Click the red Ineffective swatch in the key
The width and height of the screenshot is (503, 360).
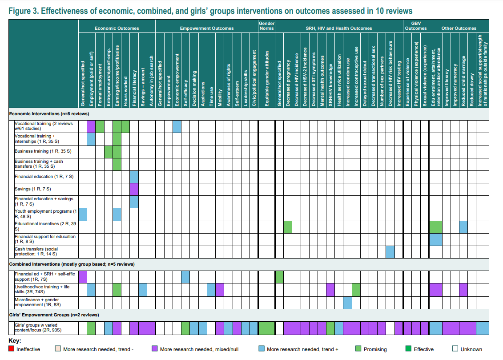click(x=11, y=348)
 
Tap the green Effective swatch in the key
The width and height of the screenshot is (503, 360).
click(x=408, y=348)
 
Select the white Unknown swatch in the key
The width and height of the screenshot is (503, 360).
click(x=455, y=348)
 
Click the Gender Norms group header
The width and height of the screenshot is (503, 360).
click(x=266, y=26)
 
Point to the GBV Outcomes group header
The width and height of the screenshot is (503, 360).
click(x=416, y=26)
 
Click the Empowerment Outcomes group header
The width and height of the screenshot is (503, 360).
click(x=207, y=28)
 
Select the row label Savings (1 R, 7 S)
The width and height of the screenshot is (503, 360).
click(x=33, y=189)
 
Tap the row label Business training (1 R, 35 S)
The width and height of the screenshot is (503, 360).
click(x=43, y=151)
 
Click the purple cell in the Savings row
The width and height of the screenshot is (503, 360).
click(x=134, y=189)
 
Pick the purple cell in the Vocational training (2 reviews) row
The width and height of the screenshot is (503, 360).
click(x=91, y=126)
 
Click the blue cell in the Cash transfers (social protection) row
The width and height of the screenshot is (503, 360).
click(x=390, y=252)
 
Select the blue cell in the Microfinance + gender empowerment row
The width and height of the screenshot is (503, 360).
click(x=347, y=303)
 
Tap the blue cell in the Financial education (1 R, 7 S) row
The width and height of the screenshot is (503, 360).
click(x=134, y=177)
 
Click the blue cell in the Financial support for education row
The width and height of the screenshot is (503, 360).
click(x=436, y=239)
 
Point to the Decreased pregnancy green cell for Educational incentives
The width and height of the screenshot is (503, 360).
click(x=288, y=227)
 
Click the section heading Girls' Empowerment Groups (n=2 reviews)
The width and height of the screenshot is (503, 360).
click(x=54, y=315)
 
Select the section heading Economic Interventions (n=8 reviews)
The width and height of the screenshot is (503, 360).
click(x=49, y=113)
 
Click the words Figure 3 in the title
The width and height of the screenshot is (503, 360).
click(x=24, y=11)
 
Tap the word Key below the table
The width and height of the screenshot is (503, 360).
click(x=15, y=340)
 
